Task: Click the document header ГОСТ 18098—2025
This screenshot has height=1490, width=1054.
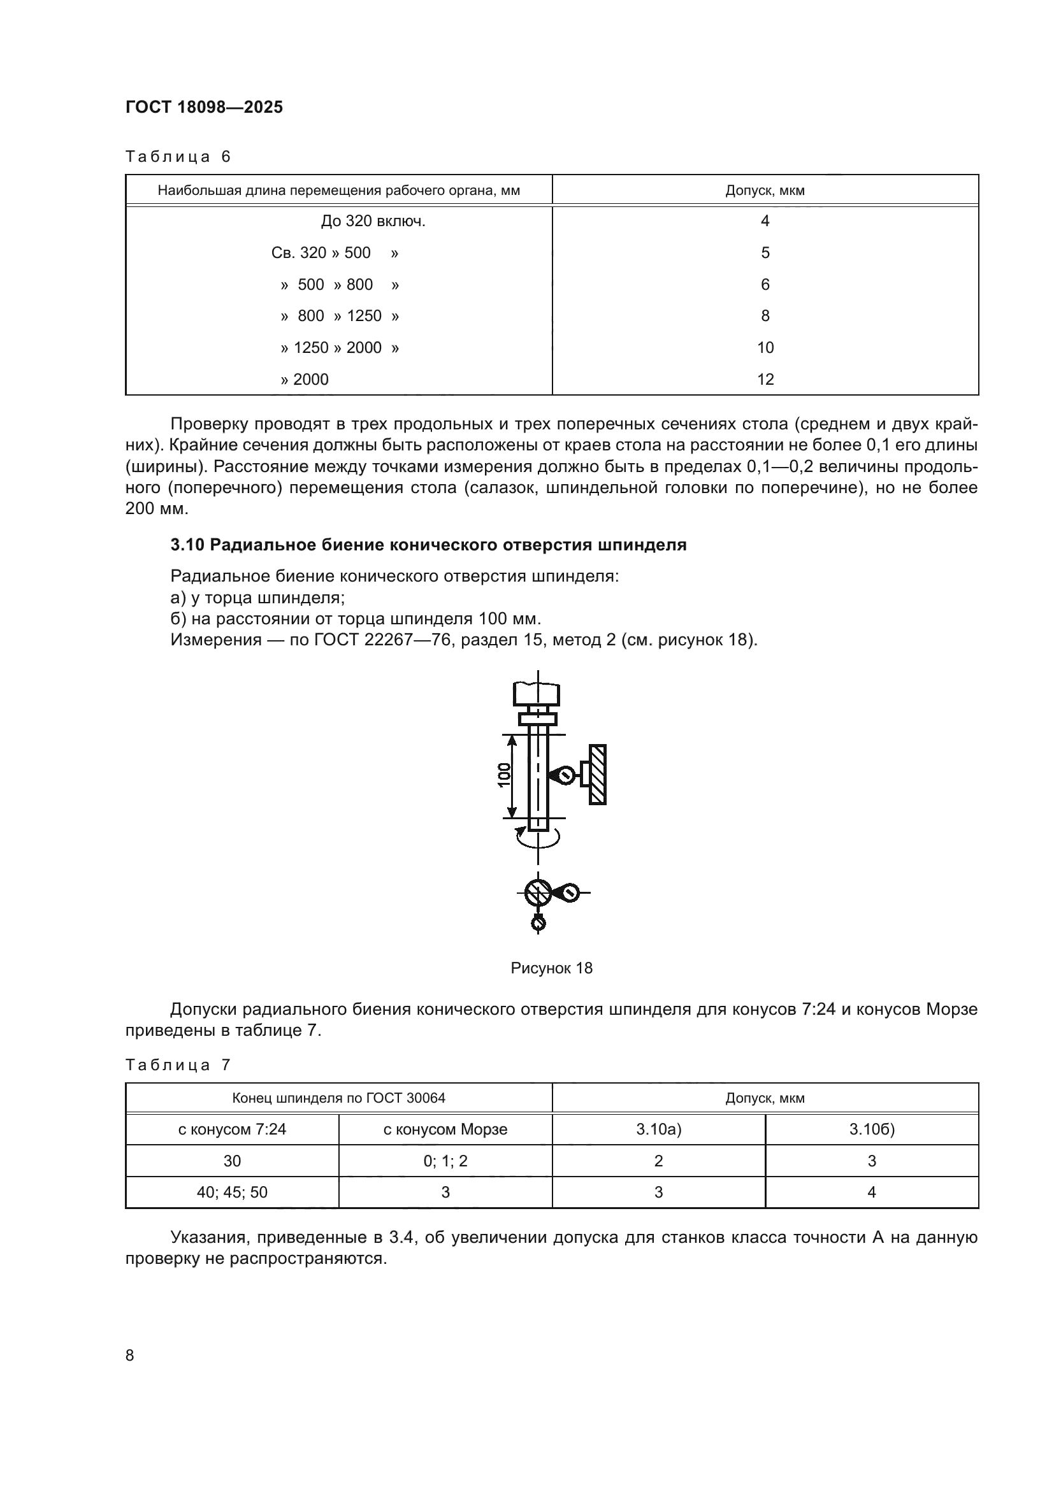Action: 204,107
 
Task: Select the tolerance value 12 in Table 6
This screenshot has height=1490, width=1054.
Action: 765,379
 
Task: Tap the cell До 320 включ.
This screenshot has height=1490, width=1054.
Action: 373,221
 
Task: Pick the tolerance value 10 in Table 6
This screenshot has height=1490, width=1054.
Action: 765,347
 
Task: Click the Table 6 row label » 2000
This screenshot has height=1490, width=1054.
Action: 305,379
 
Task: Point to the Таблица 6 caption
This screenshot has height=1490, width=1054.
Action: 178,157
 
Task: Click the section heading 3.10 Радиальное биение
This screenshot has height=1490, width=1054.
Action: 428,545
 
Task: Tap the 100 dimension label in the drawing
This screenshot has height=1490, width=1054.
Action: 504,775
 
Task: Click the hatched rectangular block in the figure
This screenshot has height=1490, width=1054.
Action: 598,774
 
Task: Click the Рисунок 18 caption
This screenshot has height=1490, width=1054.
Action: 551,968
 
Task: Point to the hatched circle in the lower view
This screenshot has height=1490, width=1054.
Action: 537,894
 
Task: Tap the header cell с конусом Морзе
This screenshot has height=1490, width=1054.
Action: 445,1129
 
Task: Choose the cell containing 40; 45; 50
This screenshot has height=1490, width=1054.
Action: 232,1192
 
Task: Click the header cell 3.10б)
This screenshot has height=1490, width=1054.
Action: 872,1129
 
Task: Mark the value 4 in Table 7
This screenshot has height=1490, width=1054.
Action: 872,1192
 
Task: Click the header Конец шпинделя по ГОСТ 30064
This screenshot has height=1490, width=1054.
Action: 339,1098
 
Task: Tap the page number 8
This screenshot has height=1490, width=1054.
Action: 130,1355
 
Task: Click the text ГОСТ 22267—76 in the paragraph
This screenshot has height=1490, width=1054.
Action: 383,640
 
